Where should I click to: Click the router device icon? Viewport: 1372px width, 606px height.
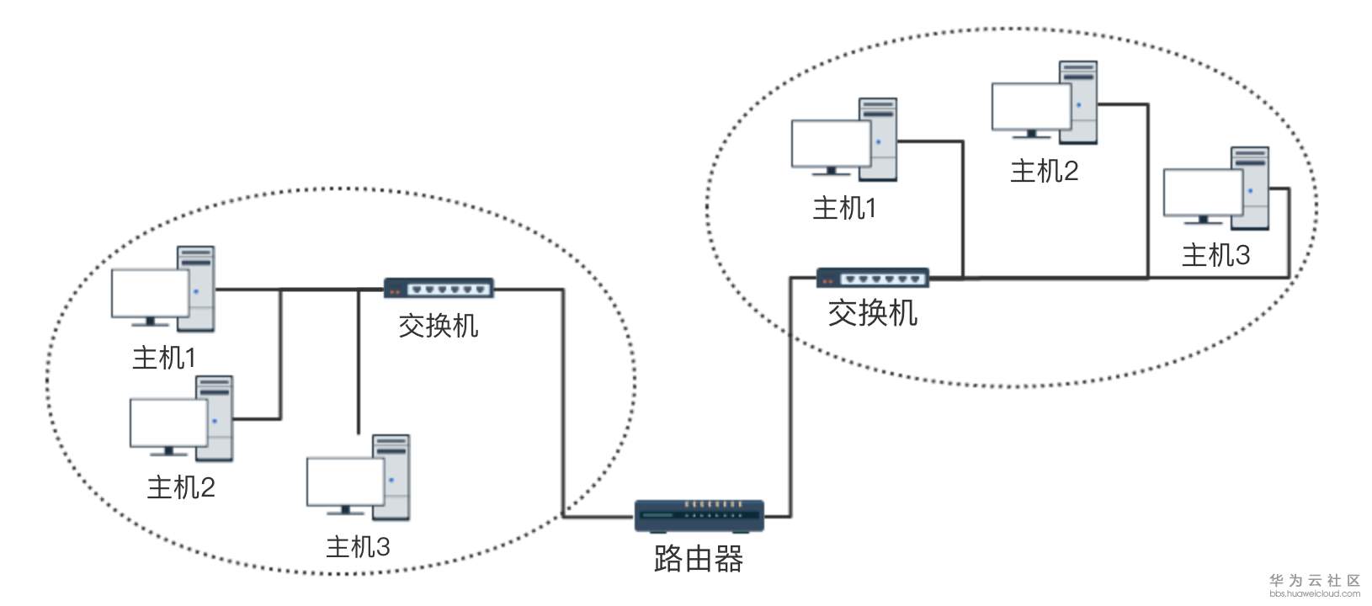click(699, 516)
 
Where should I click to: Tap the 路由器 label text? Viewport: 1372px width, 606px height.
click(699, 559)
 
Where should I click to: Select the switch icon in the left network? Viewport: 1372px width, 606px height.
click(439, 288)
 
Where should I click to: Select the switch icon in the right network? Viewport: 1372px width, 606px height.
click(873, 278)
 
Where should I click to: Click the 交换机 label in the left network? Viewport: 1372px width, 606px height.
click(439, 326)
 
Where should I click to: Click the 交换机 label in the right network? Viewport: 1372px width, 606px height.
click(873, 313)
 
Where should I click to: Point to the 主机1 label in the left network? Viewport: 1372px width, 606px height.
click(164, 358)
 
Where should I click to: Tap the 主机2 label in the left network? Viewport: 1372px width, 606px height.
click(181, 487)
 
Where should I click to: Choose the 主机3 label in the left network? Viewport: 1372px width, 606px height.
click(358, 546)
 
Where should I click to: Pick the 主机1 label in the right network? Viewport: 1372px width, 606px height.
click(844, 209)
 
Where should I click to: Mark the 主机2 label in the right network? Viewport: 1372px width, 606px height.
click(1045, 171)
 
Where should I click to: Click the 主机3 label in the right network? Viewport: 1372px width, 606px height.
click(1215, 255)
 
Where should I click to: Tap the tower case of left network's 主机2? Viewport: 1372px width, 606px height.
click(215, 418)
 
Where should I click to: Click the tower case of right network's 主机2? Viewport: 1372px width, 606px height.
click(1078, 103)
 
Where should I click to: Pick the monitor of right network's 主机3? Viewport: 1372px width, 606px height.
click(1203, 196)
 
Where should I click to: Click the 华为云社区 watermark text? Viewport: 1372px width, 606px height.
click(1315, 580)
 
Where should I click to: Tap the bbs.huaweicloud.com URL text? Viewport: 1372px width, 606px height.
click(1315, 593)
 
